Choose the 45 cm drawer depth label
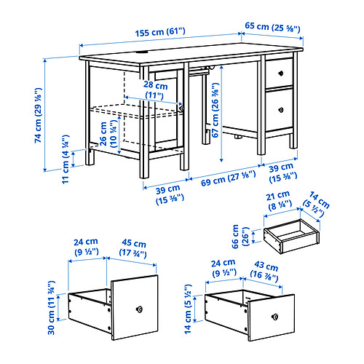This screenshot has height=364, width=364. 131,248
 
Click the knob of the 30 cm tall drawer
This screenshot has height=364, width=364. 138,309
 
